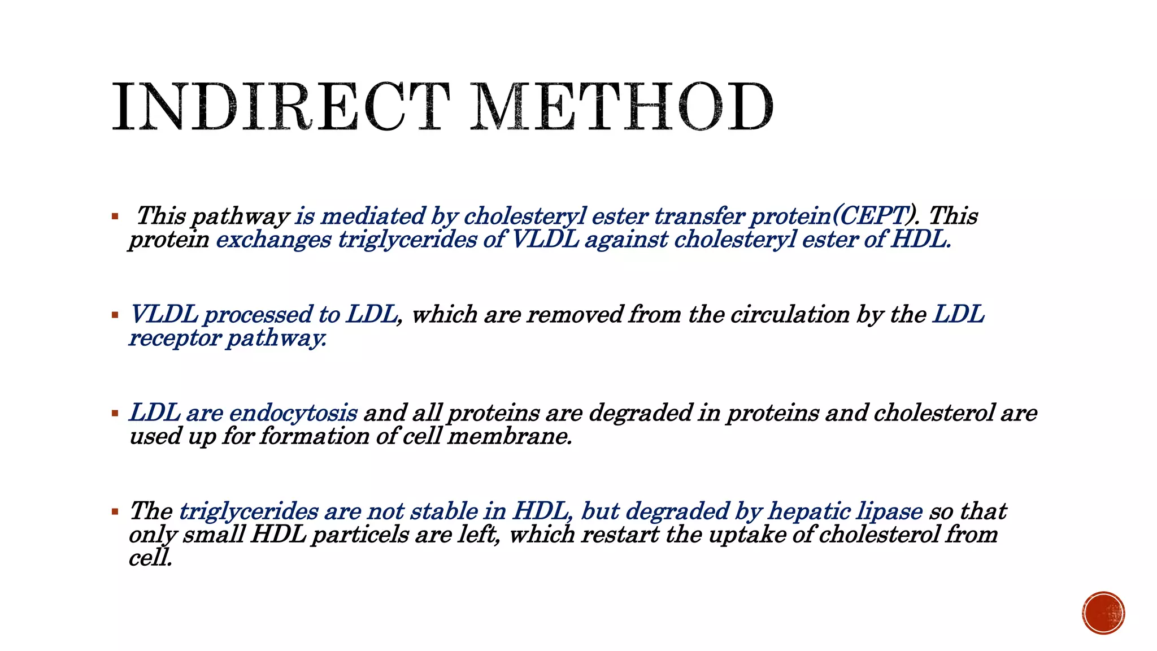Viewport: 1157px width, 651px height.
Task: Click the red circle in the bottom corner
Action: [x=1103, y=613]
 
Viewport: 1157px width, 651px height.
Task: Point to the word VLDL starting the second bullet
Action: [x=164, y=314]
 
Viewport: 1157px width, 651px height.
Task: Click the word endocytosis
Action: [x=293, y=413]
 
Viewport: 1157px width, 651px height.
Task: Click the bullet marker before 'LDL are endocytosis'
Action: [x=115, y=413]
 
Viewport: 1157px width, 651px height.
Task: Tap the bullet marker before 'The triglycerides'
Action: [x=115, y=511]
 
